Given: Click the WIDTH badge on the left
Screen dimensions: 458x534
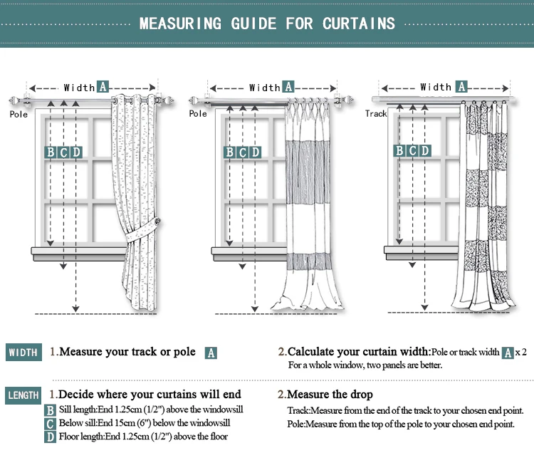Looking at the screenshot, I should click(x=23, y=353).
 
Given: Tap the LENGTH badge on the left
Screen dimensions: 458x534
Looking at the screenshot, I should click(x=23, y=395).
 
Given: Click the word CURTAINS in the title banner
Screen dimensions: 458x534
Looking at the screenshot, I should click(x=358, y=23).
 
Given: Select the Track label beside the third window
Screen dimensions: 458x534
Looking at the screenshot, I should click(x=376, y=113).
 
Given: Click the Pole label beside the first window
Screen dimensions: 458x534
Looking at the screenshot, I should click(x=19, y=113).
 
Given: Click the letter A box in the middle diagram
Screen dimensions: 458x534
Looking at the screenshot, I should click(x=288, y=87).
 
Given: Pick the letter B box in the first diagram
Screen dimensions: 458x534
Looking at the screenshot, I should click(x=51, y=152).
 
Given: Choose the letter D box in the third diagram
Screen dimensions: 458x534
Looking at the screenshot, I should click(x=425, y=150).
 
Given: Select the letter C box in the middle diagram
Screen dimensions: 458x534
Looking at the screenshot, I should click(x=243, y=152).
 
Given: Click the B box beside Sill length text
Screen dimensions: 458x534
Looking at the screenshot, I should click(x=50, y=410).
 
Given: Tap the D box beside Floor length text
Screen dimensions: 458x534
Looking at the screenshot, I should click(x=50, y=437).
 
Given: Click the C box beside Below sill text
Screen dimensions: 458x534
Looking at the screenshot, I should click(x=50, y=423).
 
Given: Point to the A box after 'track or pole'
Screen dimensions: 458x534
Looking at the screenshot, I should click(x=211, y=353).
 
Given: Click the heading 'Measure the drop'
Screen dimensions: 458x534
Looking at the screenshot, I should click(x=330, y=395).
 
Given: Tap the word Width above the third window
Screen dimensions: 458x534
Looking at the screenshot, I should click(x=436, y=87).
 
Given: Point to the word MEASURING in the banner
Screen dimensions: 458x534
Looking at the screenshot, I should click(x=180, y=23).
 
